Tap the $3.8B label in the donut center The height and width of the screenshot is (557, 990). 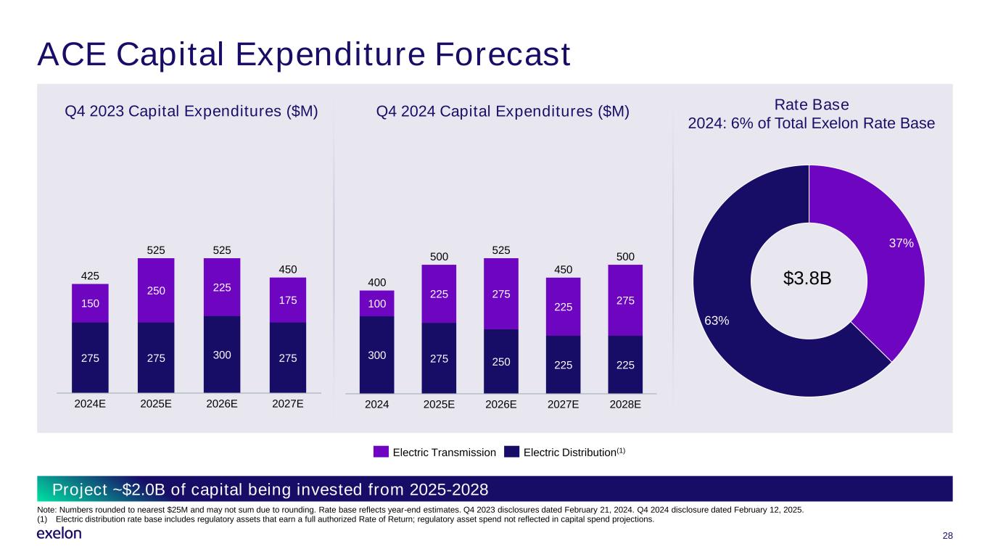pyautogui.click(x=809, y=280)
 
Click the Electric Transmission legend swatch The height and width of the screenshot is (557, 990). pyautogui.click(x=381, y=452)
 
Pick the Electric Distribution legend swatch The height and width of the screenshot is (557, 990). pyautogui.click(x=512, y=452)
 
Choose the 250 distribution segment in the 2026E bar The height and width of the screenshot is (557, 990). pyautogui.click(x=500, y=360)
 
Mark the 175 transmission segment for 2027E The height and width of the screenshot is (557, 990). pyautogui.click(x=287, y=300)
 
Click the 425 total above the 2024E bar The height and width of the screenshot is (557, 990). pyautogui.click(x=90, y=275)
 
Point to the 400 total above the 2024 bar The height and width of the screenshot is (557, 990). pyautogui.click(x=376, y=281)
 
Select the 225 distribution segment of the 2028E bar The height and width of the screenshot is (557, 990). pyautogui.click(x=624, y=364)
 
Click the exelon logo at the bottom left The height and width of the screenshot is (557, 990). pyautogui.click(x=59, y=534)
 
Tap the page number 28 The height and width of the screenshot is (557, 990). pyautogui.click(x=946, y=536)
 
